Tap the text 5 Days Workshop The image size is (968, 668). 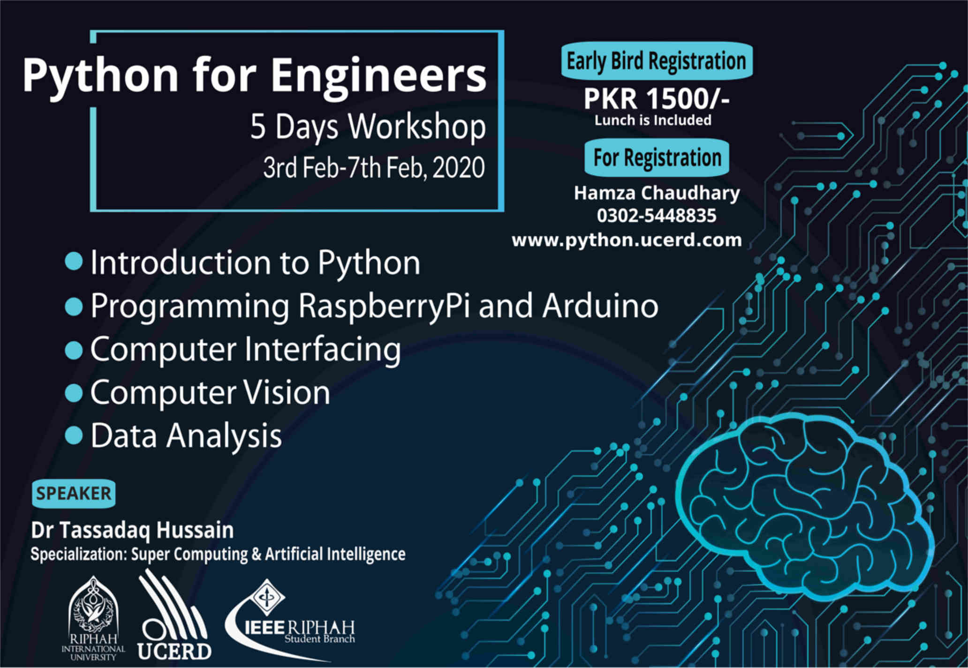[368, 127]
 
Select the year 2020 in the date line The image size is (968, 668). [459, 167]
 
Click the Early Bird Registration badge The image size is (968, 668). [657, 61]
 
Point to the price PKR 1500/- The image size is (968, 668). [657, 99]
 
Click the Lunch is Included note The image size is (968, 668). [653, 120]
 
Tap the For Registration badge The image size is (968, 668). [657, 158]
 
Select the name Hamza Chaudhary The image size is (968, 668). [657, 193]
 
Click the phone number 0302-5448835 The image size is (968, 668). [657, 216]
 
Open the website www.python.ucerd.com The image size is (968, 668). [627, 240]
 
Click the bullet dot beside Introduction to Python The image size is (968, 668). [74, 261]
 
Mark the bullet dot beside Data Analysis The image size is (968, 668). [74, 435]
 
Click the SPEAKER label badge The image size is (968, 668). [74, 494]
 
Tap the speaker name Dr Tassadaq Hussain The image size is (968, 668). [132, 530]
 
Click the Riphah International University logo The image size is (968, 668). [93, 618]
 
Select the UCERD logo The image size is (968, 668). [174, 615]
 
